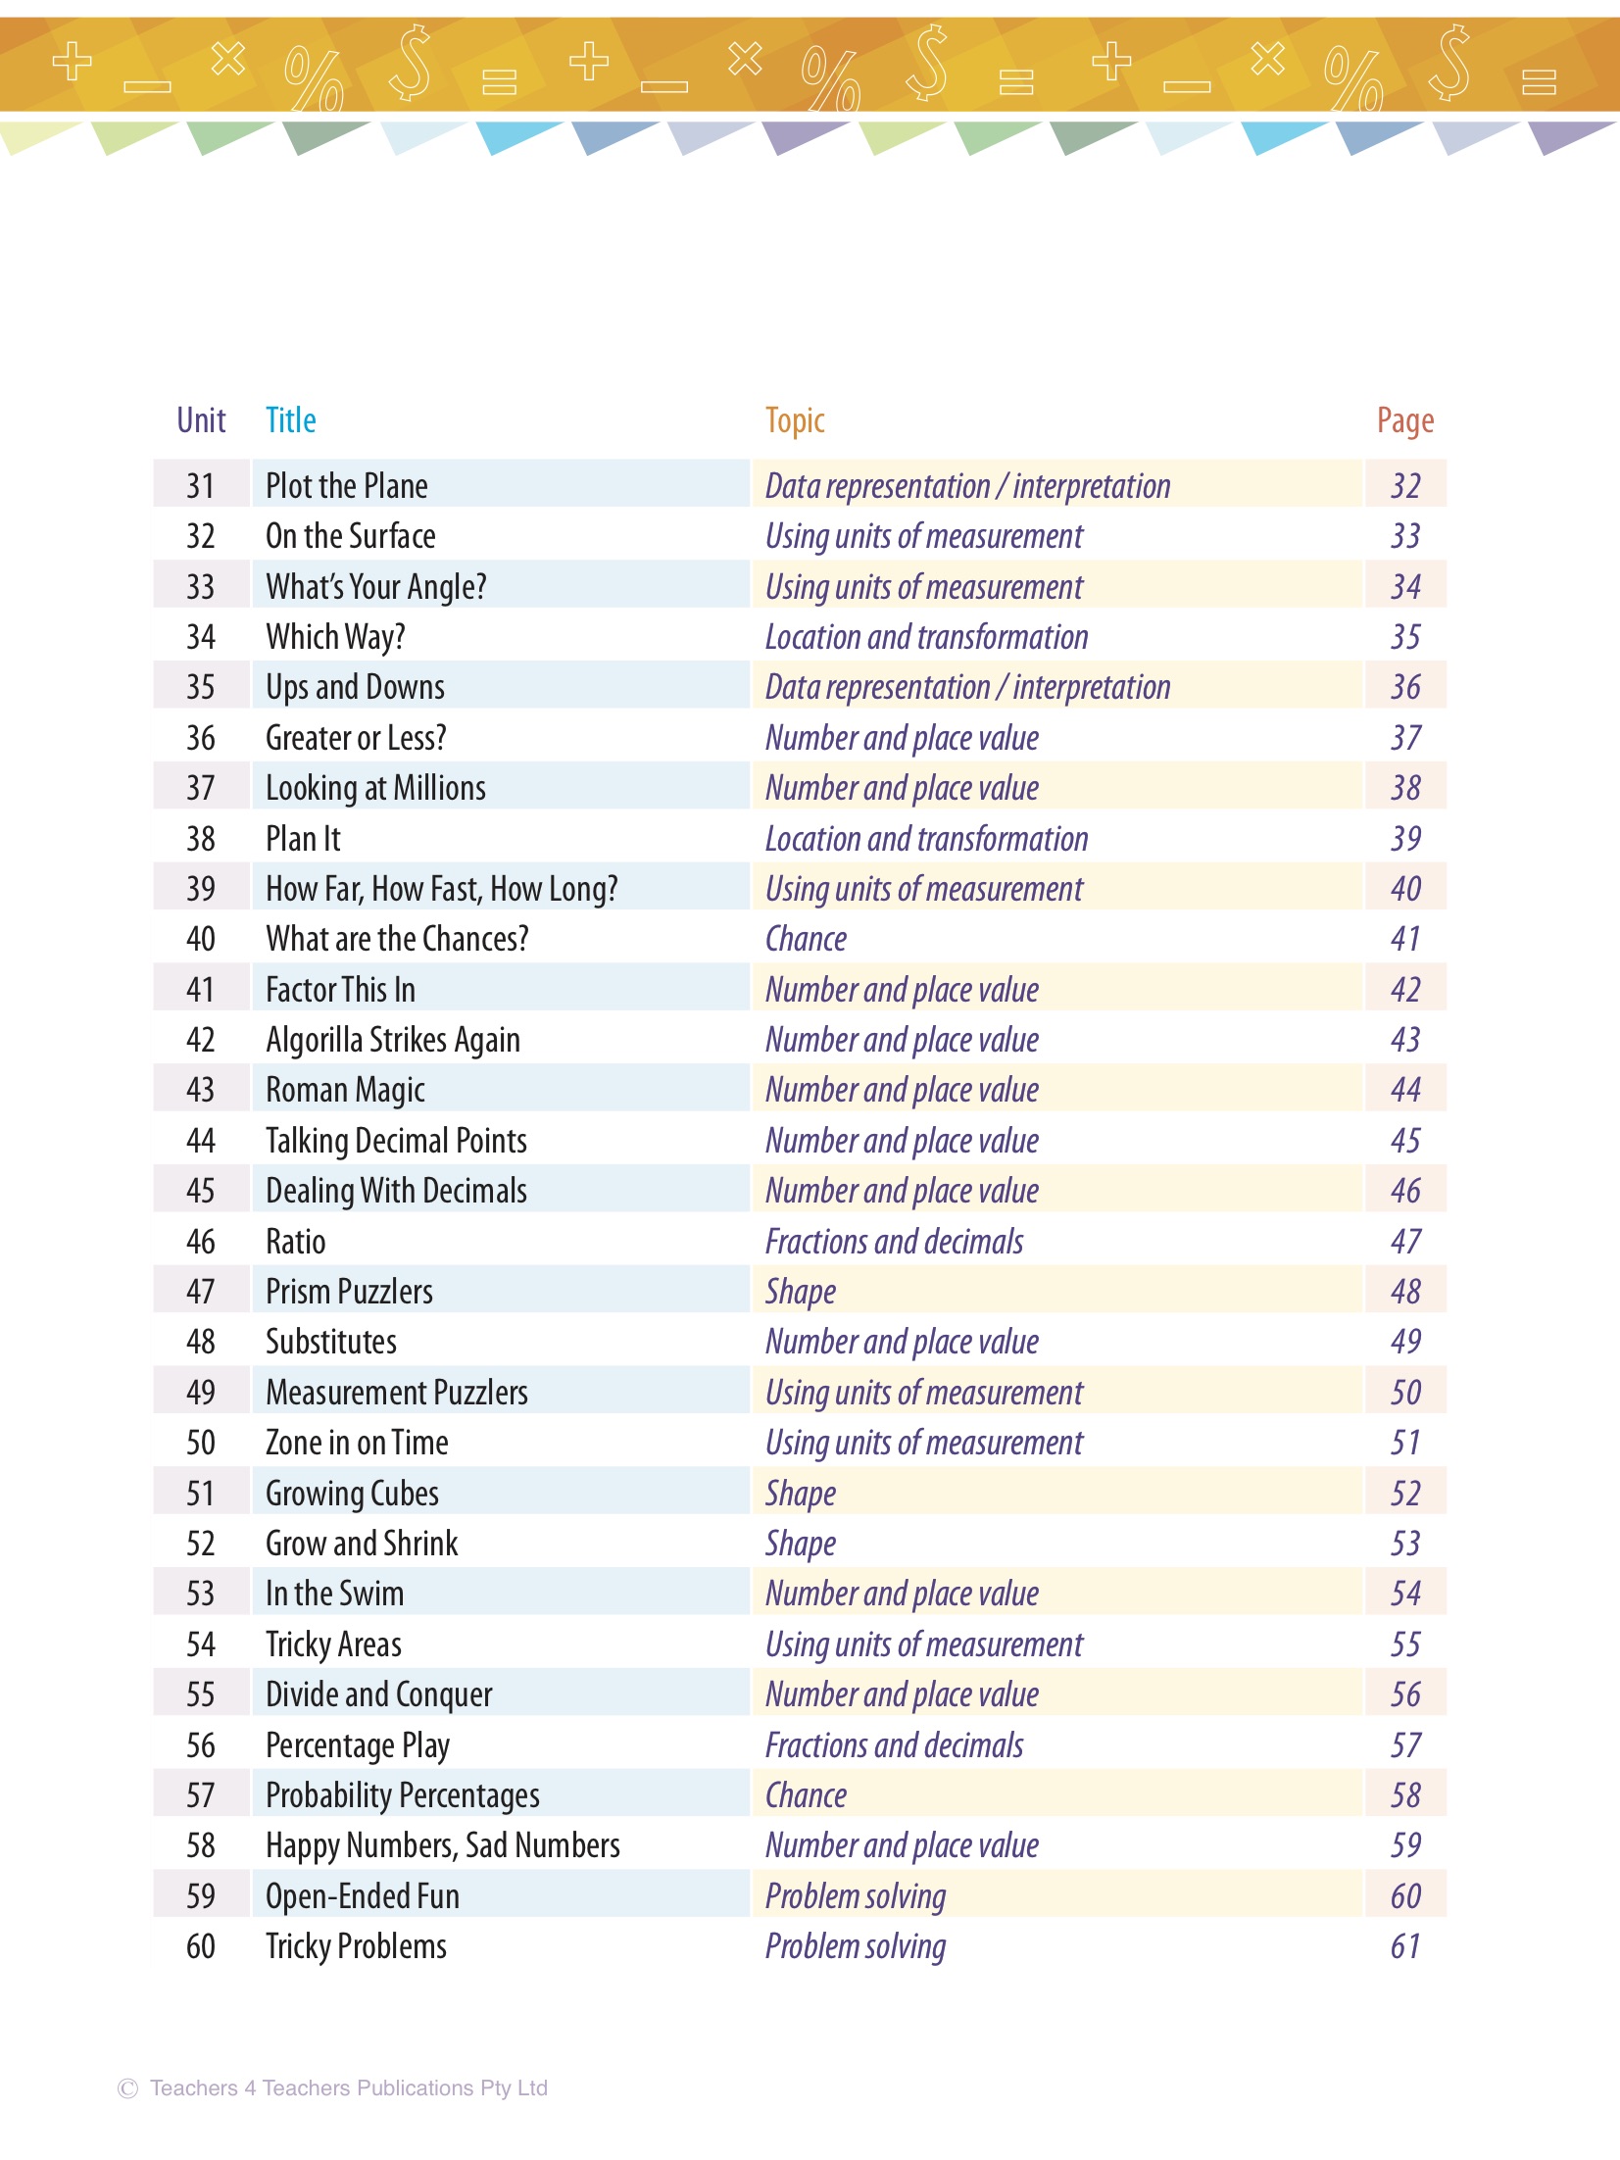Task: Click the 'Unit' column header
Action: pyautogui.click(x=201, y=420)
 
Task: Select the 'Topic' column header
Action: pyautogui.click(x=795, y=420)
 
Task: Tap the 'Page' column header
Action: pyautogui.click(x=1404, y=420)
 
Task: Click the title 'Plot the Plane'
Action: pyautogui.click(x=347, y=486)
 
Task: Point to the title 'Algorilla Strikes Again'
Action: pyautogui.click(x=393, y=1040)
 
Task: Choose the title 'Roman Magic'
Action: pyautogui.click(x=345, y=1090)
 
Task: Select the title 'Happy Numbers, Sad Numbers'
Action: pyautogui.click(x=443, y=1845)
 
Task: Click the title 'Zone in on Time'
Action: pyautogui.click(x=357, y=1443)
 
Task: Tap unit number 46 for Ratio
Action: pyautogui.click(x=201, y=1242)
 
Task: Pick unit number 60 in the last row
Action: pyautogui.click(x=201, y=1946)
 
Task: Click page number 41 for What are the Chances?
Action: pyautogui.click(x=1405, y=939)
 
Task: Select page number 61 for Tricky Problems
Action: pyautogui.click(x=1405, y=1946)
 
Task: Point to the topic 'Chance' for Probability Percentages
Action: pyautogui.click(x=806, y=1795)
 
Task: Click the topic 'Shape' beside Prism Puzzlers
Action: pyautogui.click(x=801, y=1292)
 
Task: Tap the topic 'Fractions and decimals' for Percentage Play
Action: pyautogui.click(x=894, y=1745)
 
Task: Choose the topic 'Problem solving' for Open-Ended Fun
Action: pyautogui.click(x=856, y=1896)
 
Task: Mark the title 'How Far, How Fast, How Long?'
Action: pyautogui.click(x=442, y=889)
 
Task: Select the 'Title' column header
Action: pyautogui.click(x=291, y=420)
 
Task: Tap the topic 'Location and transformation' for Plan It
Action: pyautogui.click(x=926, y=839)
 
